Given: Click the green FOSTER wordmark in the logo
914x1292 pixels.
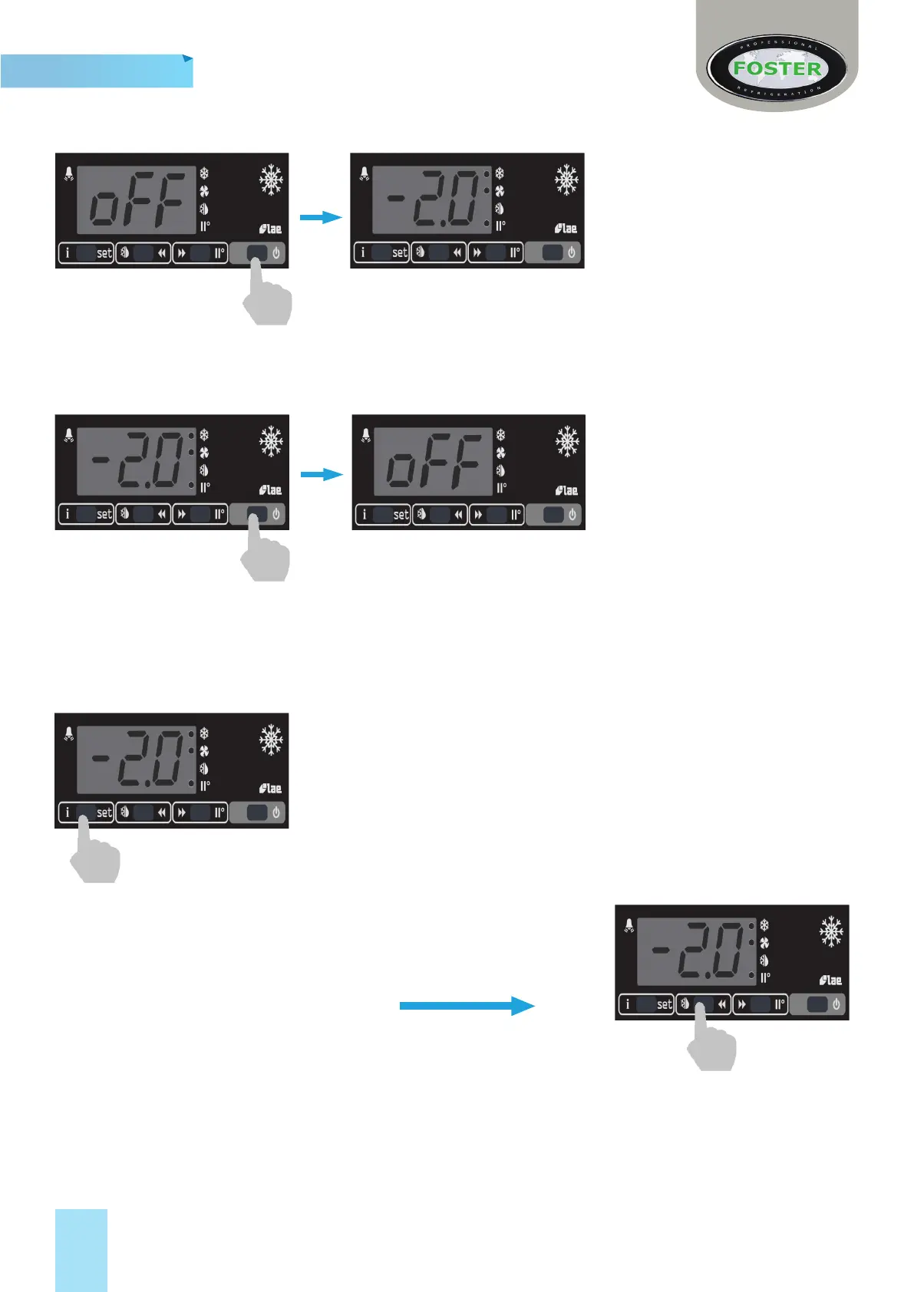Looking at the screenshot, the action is point(777,68).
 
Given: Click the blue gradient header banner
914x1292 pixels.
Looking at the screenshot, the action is point(96,71).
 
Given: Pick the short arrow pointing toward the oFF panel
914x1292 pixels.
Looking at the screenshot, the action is point(321,475).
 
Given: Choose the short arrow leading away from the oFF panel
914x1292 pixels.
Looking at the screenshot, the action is point(320,218).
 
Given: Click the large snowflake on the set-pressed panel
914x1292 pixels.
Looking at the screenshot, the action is point(271,740).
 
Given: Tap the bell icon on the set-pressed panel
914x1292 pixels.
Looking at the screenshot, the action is point(69,733).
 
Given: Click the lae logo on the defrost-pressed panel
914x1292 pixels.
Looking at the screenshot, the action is point(830,981).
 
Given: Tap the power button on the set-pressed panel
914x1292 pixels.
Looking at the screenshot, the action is point(259,812).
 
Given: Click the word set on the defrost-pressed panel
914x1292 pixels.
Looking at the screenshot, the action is point(664,1004).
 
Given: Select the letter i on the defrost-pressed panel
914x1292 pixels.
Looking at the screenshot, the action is point(628,1004).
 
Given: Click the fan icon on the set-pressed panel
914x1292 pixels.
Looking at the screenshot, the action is point(204,752).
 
